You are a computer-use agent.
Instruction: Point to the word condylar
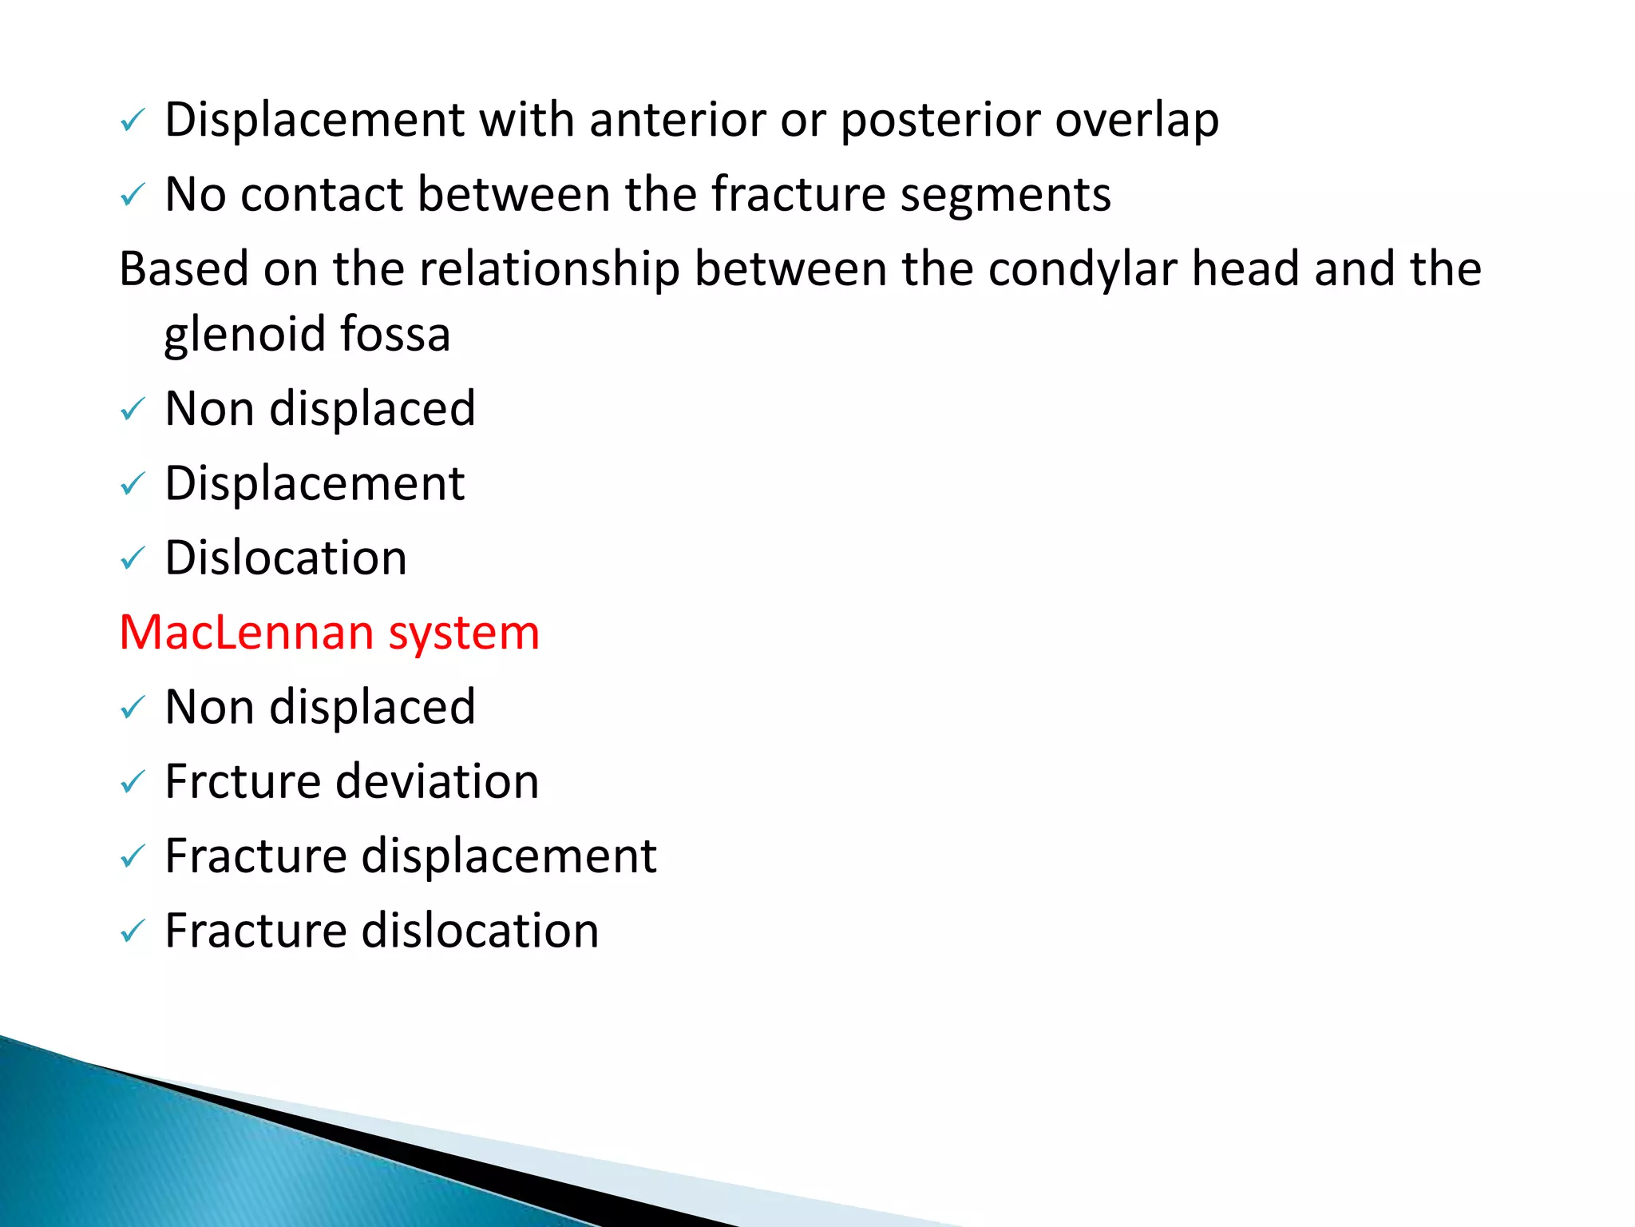pyautogui.click(x=1082, y=269)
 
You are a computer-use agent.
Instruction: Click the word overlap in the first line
pyautogui.click(x=1137, y=121)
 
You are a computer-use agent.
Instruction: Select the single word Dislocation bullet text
pyautogui.click(x=286, y=558)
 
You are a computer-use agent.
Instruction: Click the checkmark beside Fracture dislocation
pyautogui.click(x=132, y=931)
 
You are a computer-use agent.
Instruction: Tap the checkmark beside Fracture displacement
pyautogui.click(x=132, y=857)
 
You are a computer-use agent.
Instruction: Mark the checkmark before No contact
pyautogui.click(x=132, y=195)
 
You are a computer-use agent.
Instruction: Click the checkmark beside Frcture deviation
pyautogui.click(x=132, y=782)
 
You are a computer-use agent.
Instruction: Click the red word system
pyautogui.click(x=464, y=634)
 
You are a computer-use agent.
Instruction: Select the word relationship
pyautogui.click(x=549, y=269)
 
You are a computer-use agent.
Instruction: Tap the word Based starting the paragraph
pyautogui.click(x=184, y=269)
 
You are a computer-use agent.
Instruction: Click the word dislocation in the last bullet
pyautogui.click(x=480, y=931)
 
